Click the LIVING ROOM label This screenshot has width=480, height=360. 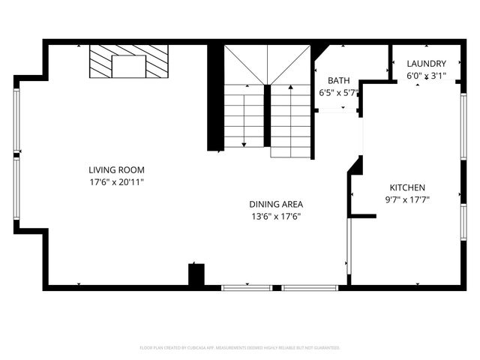116,169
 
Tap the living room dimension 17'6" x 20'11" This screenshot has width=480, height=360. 116,181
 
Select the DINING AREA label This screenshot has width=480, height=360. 276,204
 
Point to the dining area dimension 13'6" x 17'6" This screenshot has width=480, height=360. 276,217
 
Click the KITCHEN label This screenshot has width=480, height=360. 406,187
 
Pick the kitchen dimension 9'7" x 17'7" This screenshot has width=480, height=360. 406,199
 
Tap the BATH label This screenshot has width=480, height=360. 338,81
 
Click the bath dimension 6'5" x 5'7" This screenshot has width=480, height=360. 339,94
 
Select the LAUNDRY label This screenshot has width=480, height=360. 426,64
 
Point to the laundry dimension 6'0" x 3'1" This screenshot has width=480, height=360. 426,76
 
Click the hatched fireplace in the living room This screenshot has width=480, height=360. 128,61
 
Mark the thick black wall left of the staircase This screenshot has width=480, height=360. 214,97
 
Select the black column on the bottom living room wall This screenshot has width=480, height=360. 196,274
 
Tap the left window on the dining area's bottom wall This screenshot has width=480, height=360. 247,286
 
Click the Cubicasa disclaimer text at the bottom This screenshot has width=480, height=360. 240,348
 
